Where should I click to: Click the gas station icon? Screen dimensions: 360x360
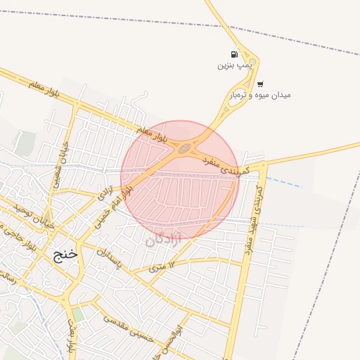pyautogui.click(x=234, y=54)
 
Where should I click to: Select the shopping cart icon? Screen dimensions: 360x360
pyautogui.click(x=260, y=84)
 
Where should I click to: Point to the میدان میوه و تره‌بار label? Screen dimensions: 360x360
pyautogui.click(x=260, y=95)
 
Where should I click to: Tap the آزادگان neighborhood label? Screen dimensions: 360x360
pyautogui.click(x=163, y=240)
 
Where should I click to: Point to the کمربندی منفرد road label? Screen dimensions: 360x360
pyautogui.click(x=221, y=165)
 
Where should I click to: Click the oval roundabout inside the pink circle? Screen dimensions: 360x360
pyautogui.click(x=185, y=148)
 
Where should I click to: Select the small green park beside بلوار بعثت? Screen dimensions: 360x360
pyautogui.click(x=77, y=314)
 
